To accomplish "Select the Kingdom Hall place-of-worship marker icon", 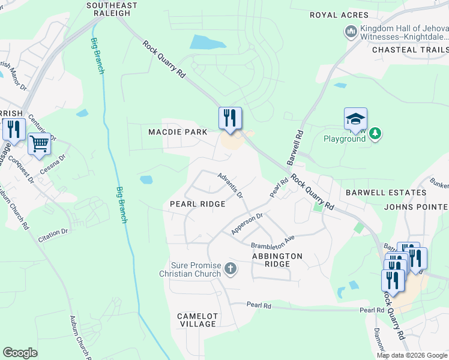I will (350, 31).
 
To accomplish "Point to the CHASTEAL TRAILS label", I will (411, 50).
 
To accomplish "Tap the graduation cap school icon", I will (355, 119).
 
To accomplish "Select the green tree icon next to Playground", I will (375, 133).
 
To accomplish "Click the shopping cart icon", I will (39, 144).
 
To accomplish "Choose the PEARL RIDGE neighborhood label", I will (198, 204).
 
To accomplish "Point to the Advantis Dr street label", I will (230, 185).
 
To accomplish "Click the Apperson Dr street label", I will (247, 224).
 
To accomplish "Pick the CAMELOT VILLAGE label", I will (197, 320).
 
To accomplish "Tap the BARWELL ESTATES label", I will (386, 193).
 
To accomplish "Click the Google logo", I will (20, 353).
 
